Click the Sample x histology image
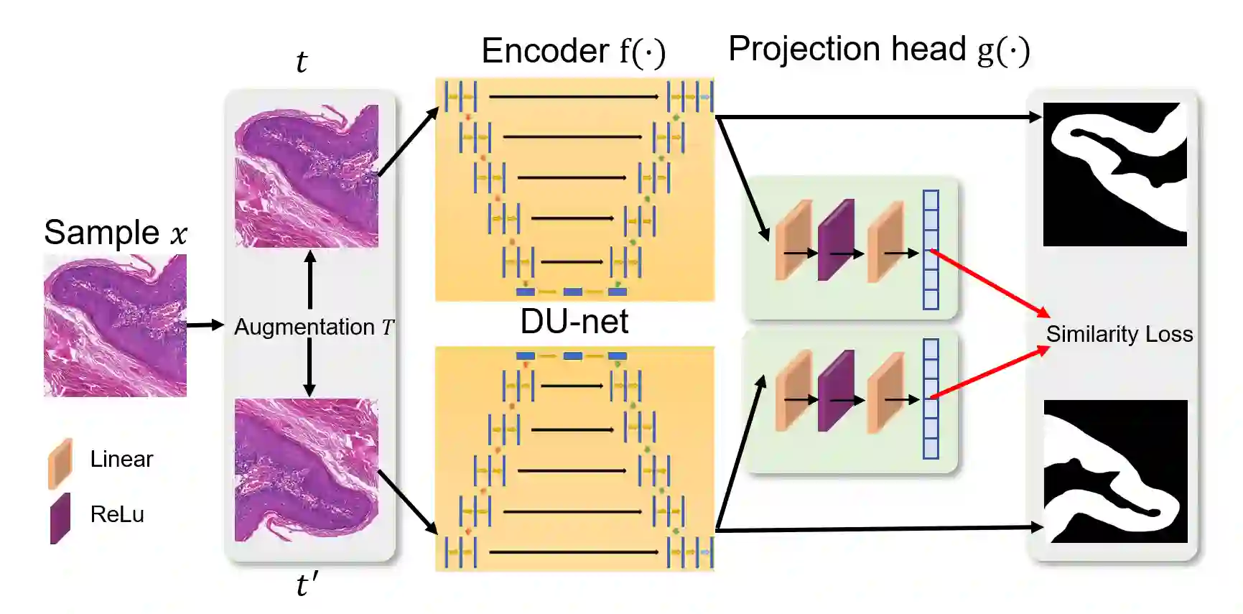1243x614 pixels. coord(115,325)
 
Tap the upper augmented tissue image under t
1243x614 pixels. coord(307,177)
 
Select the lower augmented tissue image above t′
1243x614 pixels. coord(307,470)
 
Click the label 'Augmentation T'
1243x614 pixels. coord(314,327)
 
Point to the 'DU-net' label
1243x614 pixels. coord(574,322)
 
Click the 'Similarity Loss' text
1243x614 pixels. coord(1119,334)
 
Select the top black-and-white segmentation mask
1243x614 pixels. coord(1114,175)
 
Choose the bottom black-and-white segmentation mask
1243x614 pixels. coord(1114,471)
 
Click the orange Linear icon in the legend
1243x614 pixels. coord(60,463)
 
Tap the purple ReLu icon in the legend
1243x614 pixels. coord(60,518)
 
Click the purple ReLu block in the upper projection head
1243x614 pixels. coord(836,240)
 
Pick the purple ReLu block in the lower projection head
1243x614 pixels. coord(836,391)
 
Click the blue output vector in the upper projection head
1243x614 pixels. coord(931,249)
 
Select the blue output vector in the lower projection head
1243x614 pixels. coord(931,399)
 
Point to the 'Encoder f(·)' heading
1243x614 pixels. coord(573,52)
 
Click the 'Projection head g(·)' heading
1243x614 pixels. coord(879,50)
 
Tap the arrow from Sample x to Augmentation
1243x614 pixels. coord(205,325)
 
